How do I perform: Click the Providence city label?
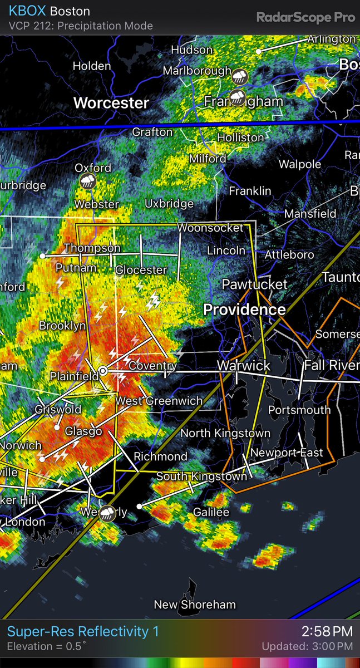(x=244, y=310)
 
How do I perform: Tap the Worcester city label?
(x=111, y=103)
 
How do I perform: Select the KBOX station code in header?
(x=27, y=11)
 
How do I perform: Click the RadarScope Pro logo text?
(x=305, y=17)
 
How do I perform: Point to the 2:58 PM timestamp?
(x=327, y=631)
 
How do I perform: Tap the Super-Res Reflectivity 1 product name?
(x=83, y=631)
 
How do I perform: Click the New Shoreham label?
(x=195, y=605)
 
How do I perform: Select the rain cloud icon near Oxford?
(x=88, y=181)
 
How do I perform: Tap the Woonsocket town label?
(x=210, y=228)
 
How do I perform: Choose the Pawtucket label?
(x=255, y=284)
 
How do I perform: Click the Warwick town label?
(x=243, y=366)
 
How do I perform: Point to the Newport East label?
(x=287, y=453)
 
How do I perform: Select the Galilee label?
(x=211, y=512)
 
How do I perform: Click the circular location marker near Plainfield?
(x=103, y=371)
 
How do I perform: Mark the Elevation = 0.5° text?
(x=47, y=647)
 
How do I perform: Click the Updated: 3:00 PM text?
(x=308, y=647)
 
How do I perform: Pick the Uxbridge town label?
(x=169, y=204)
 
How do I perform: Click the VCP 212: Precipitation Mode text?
(x=81, y=26)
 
